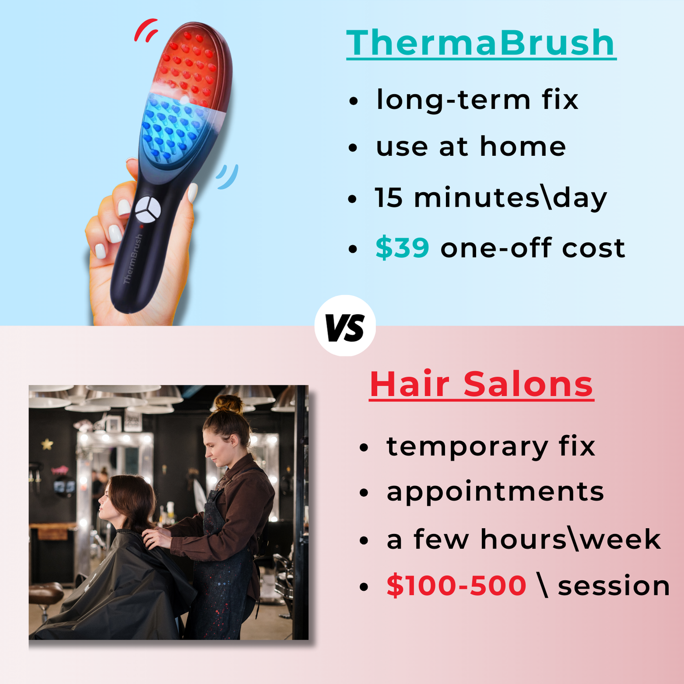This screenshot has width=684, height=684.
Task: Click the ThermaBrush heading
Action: tap(480, 43)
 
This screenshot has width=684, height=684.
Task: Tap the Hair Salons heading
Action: tap(481, 384)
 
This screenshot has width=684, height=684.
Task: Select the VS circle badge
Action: tap(345, 326)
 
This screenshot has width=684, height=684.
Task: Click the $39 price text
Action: tap(402, 248)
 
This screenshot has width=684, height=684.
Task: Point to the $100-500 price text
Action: tap(456, 586)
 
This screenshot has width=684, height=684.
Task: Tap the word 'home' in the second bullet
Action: tap(523, 147)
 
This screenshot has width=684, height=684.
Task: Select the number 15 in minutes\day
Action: tap(388, 197)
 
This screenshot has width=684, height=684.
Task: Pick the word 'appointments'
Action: tap(495, 492)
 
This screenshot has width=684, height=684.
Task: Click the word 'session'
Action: tap(613, 586)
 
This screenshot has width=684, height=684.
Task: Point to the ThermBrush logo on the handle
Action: tap(133, 259)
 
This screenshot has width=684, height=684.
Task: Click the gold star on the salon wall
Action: tap(47, 444)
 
